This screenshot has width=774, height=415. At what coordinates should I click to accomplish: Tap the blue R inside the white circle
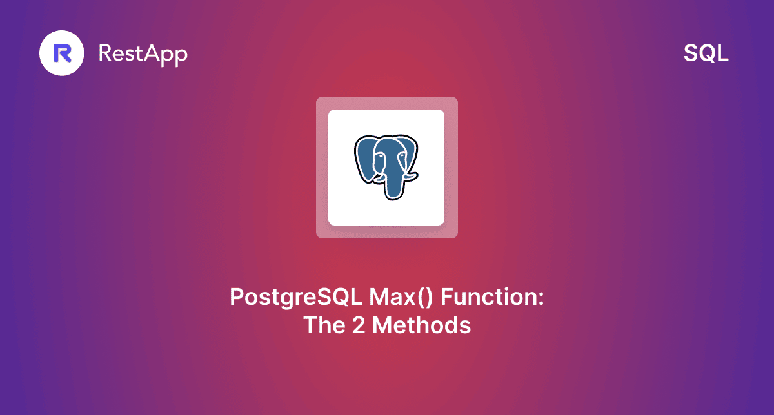pos(63,53)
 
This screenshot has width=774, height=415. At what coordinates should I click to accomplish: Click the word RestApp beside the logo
pos(143,53)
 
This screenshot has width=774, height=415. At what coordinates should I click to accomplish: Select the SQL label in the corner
pos(706,54)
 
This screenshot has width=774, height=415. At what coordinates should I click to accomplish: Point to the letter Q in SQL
pos(706,54)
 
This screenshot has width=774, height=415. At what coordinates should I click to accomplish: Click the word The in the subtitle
pos(324,325)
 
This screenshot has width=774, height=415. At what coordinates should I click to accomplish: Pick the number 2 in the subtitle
pos(359,325)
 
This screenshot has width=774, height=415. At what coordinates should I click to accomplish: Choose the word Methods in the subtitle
pos(421,325)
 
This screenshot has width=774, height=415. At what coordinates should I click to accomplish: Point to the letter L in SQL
pos(723,54)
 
